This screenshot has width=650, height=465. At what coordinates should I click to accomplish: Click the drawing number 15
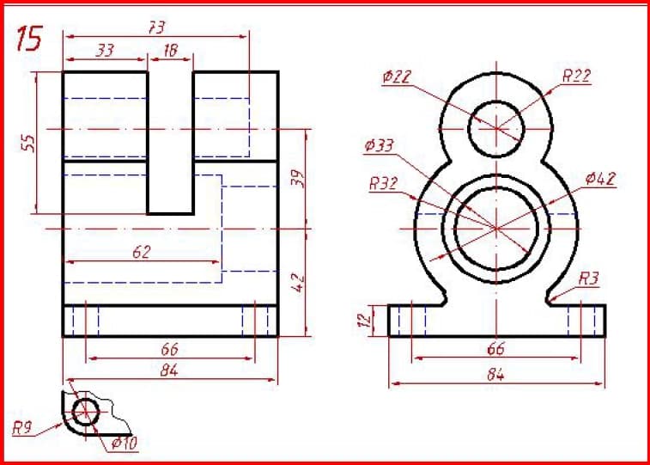pyautogui.click(x=29, y=39)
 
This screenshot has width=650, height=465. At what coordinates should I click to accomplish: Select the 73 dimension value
pyautogui.click(x=156, y=28)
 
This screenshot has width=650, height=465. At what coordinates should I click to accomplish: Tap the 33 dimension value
pyautogui.click(x=105, y=51)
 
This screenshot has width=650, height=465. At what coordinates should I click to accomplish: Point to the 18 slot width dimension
pyautogui.click(x=170, y=50)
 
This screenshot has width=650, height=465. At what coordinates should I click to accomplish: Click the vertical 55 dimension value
pyautogui.click(x=28, y=144)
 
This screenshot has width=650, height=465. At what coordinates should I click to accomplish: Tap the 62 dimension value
pyautogui.click(x=142, y=252)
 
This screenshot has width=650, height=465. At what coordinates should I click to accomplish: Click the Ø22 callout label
pyautogui.click(x=398, y=77)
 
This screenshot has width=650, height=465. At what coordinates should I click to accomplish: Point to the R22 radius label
pyautogui.click(x=577, y=76)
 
